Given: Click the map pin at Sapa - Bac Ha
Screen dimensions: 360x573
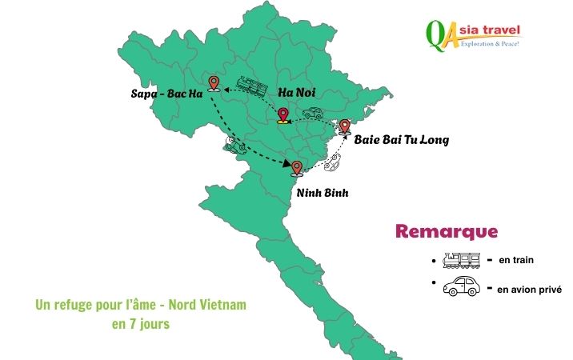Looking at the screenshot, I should [213, 83].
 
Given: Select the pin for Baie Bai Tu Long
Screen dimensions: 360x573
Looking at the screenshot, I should [345, 126].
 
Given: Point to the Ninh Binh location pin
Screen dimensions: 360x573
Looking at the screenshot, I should [297, 168].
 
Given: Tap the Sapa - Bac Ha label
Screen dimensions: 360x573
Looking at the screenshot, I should [165, 94].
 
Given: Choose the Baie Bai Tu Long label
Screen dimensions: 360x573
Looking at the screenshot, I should [402, 140].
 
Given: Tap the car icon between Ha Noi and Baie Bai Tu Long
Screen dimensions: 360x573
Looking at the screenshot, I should [312, 114].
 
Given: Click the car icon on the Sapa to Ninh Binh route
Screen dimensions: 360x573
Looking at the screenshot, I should [234, 146].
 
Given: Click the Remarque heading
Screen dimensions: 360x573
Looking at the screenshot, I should [447, 232].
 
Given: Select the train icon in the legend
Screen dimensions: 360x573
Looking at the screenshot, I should [462, 260].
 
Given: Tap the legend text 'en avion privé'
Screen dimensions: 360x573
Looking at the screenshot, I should [530, 288].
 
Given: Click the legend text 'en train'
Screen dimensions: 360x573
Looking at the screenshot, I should [515, 260].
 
